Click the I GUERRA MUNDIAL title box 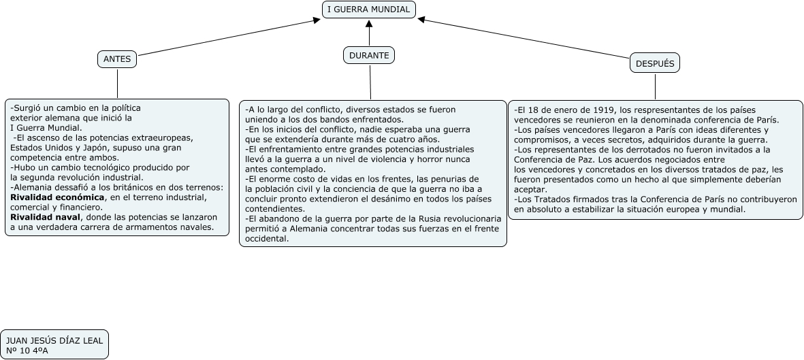tap(368, 10)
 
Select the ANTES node tap(117, 59)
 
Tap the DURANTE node tap(369, 55)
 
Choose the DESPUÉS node tap(655, 63)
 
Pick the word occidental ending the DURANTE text tap(267, 239)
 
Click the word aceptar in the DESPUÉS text tap(530, 189)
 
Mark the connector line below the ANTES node tap(117, 84)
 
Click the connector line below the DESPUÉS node tap(655, 86)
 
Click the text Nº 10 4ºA tap(27, 350)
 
